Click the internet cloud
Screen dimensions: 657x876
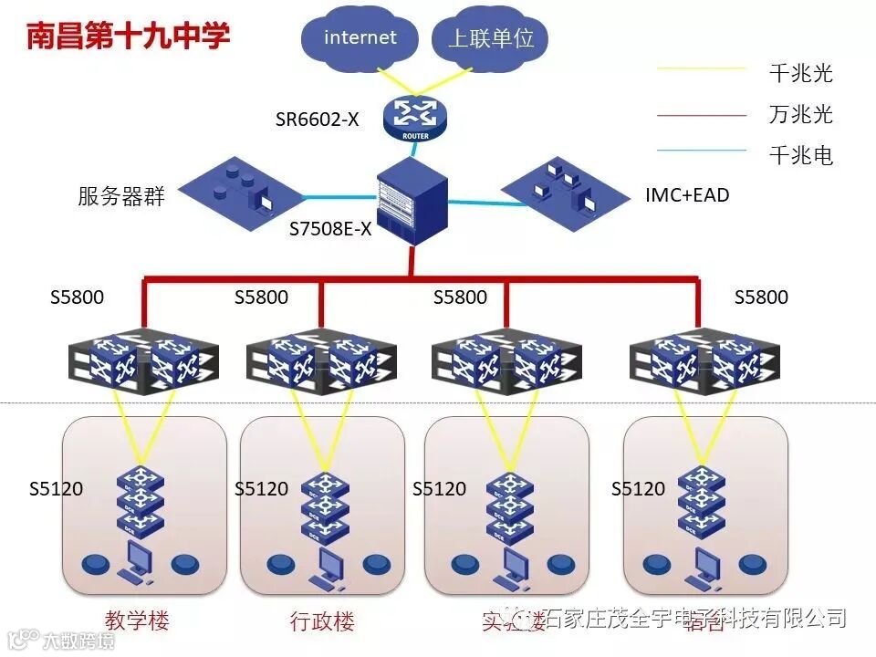click(x=360, y=38)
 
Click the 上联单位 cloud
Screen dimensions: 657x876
click(x=491, y=38)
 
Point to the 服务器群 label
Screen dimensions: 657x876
click(x=121, y=196)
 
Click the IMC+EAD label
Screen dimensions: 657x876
click(x=687, y=194)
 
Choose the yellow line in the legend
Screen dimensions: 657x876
click(x=702, y=68)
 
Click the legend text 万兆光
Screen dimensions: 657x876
click(x=801, y=114)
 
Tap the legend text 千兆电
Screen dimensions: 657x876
click(x=801, y=155)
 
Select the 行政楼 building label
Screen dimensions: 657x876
click(x=322, y=622)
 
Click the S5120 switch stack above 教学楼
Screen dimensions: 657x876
click(x=141, y=500)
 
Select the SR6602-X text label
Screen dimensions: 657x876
click(x=318, y=120)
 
